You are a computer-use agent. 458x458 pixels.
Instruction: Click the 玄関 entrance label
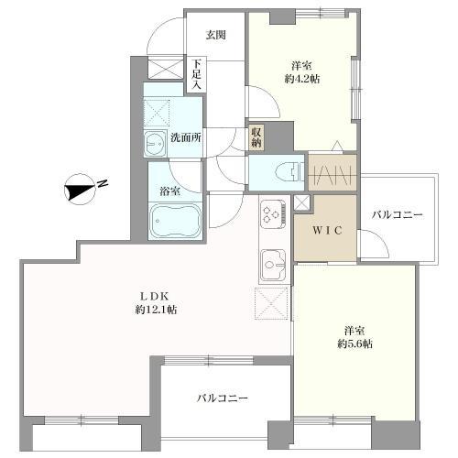point(216,35)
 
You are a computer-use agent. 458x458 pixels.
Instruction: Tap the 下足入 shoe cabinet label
point(197,75)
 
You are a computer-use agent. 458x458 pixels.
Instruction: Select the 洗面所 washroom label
point(186,138)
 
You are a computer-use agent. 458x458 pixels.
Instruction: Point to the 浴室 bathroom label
point(170,191)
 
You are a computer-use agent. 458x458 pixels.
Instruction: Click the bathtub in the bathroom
point(177,222)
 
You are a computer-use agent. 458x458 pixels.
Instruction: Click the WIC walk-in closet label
point(325,230)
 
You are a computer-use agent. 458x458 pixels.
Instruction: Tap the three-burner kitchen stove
point(273,215)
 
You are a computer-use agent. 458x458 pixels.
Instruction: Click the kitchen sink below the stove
point(272,265)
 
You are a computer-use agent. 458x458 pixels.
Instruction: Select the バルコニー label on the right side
point(397,215)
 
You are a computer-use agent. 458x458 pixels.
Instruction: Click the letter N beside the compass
point(104,184)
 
